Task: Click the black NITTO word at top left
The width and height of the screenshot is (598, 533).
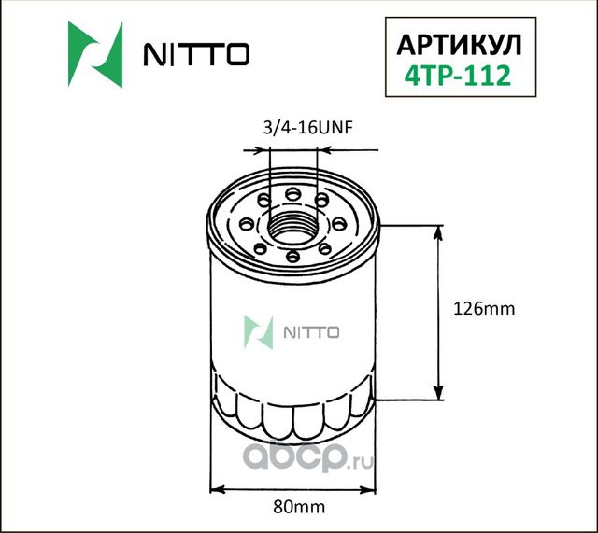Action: [x=195, y=56]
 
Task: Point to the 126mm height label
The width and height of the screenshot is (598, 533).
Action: [x=483, y=308]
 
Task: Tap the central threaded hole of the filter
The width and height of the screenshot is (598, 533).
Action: [x=292, y=224]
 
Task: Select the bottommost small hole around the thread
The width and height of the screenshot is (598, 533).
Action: [x=293, y=255]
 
